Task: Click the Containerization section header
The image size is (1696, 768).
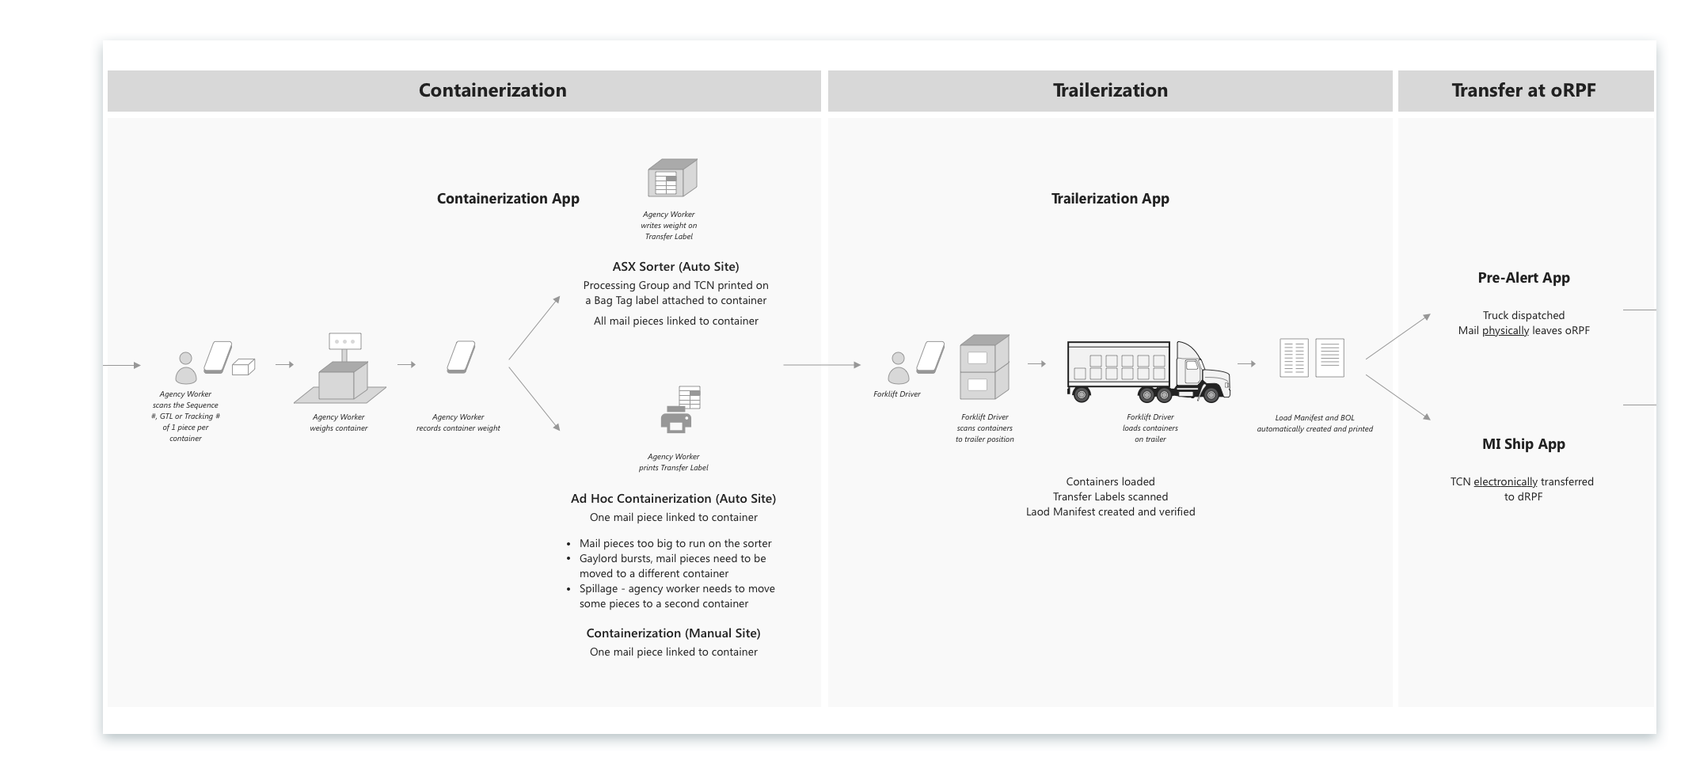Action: pos(492,90)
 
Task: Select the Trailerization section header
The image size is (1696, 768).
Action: pos(1110,90)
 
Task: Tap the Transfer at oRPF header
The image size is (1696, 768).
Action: pos(1523,90)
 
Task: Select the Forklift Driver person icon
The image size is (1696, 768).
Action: pos(899,368)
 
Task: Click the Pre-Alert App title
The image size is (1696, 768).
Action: pos(1523,278)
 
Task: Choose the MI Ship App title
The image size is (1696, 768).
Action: pos(1523,444)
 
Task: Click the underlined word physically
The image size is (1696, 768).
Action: pos(1505,331)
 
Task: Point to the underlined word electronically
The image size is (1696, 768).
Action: pos(1505,482)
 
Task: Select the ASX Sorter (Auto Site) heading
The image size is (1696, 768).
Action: pos(675,267)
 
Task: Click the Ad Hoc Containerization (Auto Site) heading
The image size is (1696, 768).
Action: pos(673,499)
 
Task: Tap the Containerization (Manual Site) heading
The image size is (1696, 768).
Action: pos(673,633)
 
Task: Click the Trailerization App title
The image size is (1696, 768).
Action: pos(1110,199)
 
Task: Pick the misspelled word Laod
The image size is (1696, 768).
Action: pos(1039,512)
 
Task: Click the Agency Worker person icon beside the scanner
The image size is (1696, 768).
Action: pos(186,368)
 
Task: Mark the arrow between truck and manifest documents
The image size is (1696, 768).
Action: pos(1246,364)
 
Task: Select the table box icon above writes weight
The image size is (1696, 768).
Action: pos(671,178)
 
